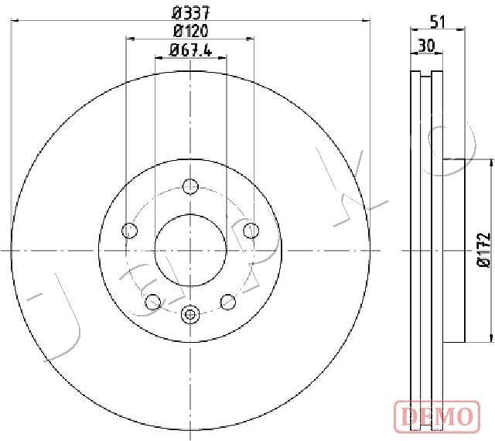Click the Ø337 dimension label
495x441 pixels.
click(191, 13)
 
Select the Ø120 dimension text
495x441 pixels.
click(191, 31)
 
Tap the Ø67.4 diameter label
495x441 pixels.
click(191, 50)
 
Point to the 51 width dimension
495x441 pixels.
click(438, 22)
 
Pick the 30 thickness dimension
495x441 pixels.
click(426, 46)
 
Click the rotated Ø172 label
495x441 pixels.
click(483, 251)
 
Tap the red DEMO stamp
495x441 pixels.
click(437, 415)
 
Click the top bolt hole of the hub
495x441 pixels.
click(190, 186)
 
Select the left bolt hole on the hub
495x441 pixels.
click(129, 231)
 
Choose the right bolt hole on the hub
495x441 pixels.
click(251, 231)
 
